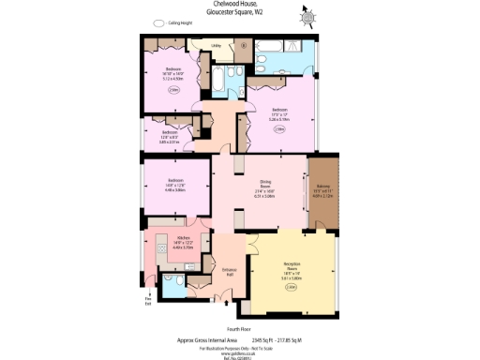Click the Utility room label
pos(215,44)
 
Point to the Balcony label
pos(322,186)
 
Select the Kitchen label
pos(184,238)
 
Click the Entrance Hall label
pos(228,272)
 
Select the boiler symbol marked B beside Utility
pos(244,43)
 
